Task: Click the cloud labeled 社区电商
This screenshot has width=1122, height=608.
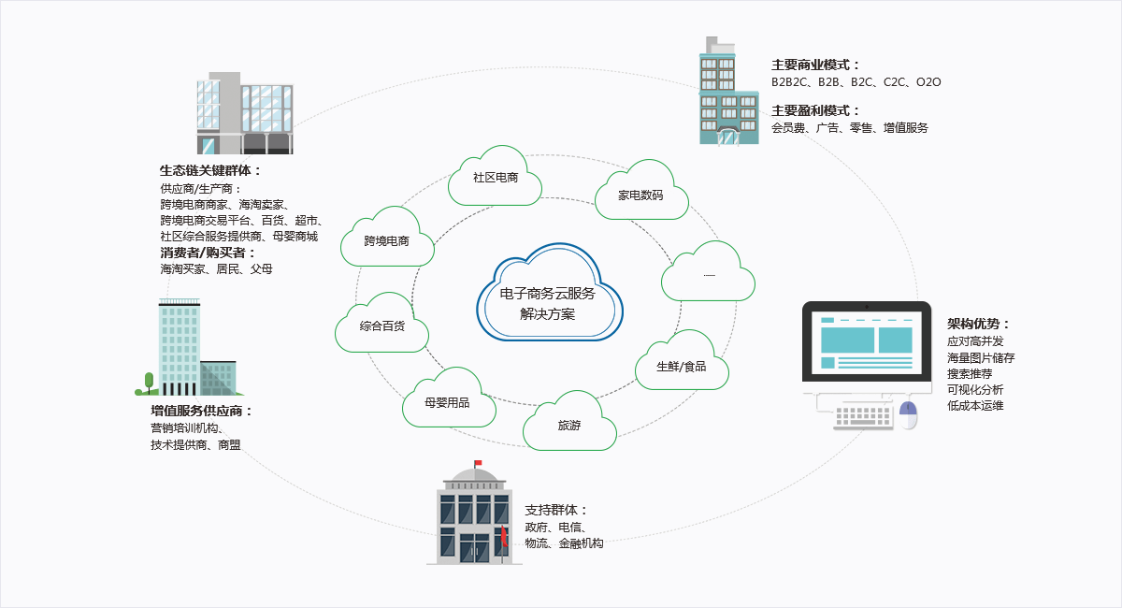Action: click(496, 178)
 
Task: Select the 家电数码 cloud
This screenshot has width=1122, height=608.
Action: click(641, 195)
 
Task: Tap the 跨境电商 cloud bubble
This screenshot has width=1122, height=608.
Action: click(387, 241)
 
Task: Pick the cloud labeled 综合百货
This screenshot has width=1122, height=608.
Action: click(381, 326)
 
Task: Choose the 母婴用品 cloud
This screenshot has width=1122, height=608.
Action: click(447, 401)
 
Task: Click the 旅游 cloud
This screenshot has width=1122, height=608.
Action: click(569, 426)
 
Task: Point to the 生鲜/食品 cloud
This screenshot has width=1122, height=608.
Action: click(682, 366)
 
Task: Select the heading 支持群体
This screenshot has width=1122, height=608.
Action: click(556, 510)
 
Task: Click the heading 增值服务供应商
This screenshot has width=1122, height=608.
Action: click(202, 411)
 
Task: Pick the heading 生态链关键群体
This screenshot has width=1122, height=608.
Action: click(210, 170)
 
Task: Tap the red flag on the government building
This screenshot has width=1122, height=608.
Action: click(478, 463)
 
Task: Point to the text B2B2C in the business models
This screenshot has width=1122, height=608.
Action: click(790, 82)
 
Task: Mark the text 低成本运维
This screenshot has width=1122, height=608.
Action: click(975, 406)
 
